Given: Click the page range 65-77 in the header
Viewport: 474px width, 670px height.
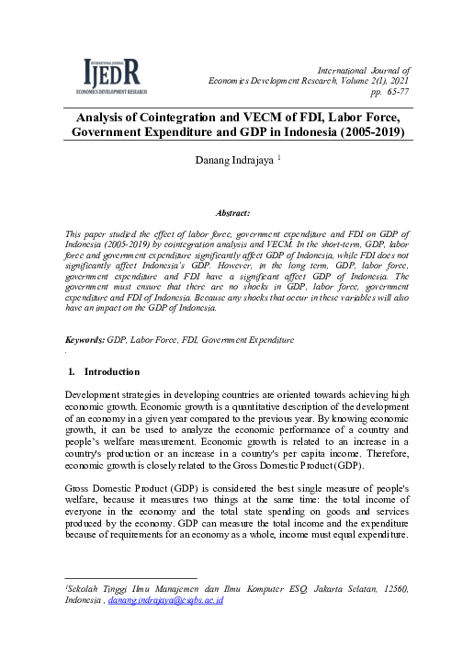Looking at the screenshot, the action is point(390,93).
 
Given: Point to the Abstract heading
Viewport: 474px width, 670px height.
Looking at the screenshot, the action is point(237,212).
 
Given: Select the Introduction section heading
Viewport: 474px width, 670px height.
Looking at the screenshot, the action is point(112,372).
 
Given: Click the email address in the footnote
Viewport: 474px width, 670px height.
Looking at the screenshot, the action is point(165,599).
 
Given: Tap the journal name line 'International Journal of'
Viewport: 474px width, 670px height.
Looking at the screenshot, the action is point(363,70).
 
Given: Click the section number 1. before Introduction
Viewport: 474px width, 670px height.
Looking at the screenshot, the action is point(73,372).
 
